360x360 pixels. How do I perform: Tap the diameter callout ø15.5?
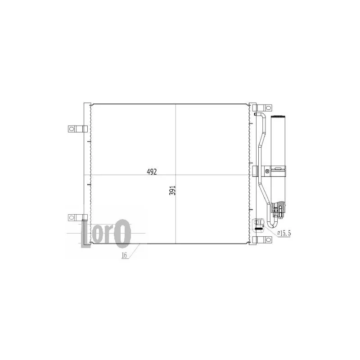pyautogui.click(x=284, y=234)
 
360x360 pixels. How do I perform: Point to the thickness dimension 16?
pyautogui.click(x=125, y=255)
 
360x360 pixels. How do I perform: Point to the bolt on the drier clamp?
pyautogui.click(x=267, y=171)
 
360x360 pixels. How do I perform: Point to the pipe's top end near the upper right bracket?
pyautogui.click(x=258, y=114)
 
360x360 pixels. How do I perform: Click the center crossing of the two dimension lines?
pyautogui.click(x=175, y=175)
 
